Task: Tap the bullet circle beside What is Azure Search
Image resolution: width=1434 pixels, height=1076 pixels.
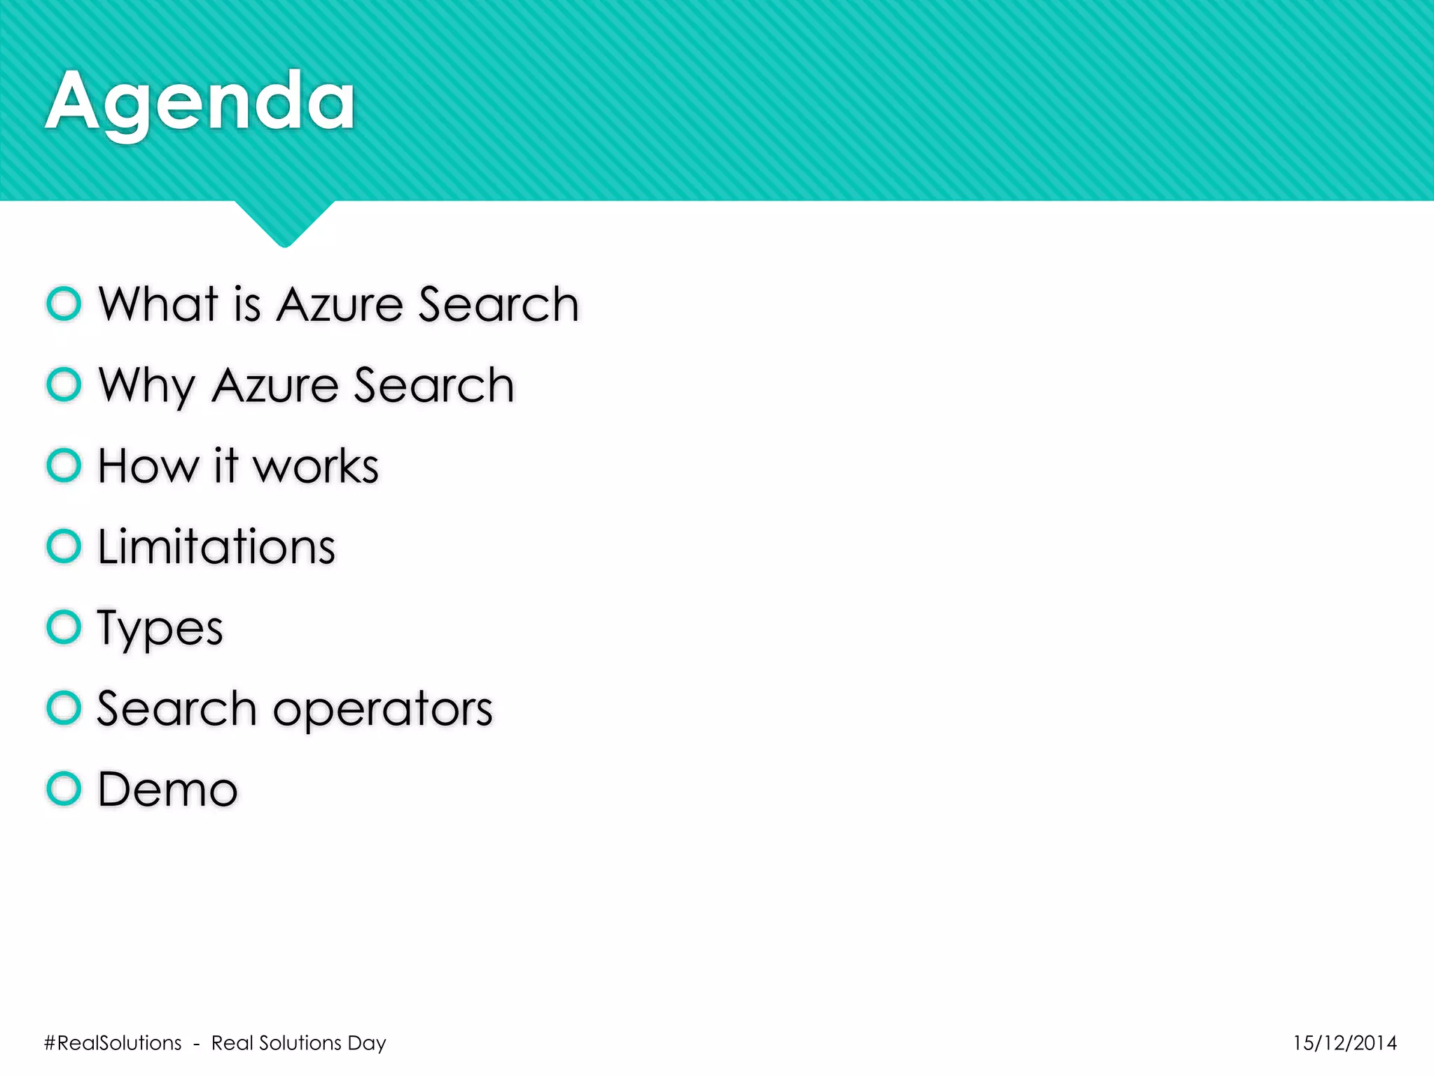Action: (64, 304)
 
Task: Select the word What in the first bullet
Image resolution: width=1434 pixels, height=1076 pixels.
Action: (159, 305)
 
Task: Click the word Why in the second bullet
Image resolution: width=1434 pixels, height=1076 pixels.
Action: (147, 385)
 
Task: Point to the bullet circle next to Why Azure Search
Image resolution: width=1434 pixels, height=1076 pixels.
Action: (64, 385)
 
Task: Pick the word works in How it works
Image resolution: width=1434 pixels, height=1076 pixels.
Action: (316, 467)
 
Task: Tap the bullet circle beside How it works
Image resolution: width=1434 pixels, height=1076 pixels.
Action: (64, 466)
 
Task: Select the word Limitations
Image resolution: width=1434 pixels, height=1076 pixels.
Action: (216, 546)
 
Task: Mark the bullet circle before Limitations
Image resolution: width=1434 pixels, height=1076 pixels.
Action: (64, 546)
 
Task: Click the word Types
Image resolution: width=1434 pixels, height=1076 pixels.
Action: (160, 629)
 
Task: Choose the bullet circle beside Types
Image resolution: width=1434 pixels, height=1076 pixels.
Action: (64, 627)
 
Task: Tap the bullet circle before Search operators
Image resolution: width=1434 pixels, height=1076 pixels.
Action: (64, 708)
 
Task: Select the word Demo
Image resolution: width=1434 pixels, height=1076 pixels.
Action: (168, 789)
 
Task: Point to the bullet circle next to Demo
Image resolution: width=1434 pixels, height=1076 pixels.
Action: (64, 789)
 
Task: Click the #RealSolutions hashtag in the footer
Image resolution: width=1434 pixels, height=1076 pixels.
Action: (113, 1043)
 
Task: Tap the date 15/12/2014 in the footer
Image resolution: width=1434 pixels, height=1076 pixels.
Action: (1344, 1043)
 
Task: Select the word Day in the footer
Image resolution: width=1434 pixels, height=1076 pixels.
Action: (367, 1044)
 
